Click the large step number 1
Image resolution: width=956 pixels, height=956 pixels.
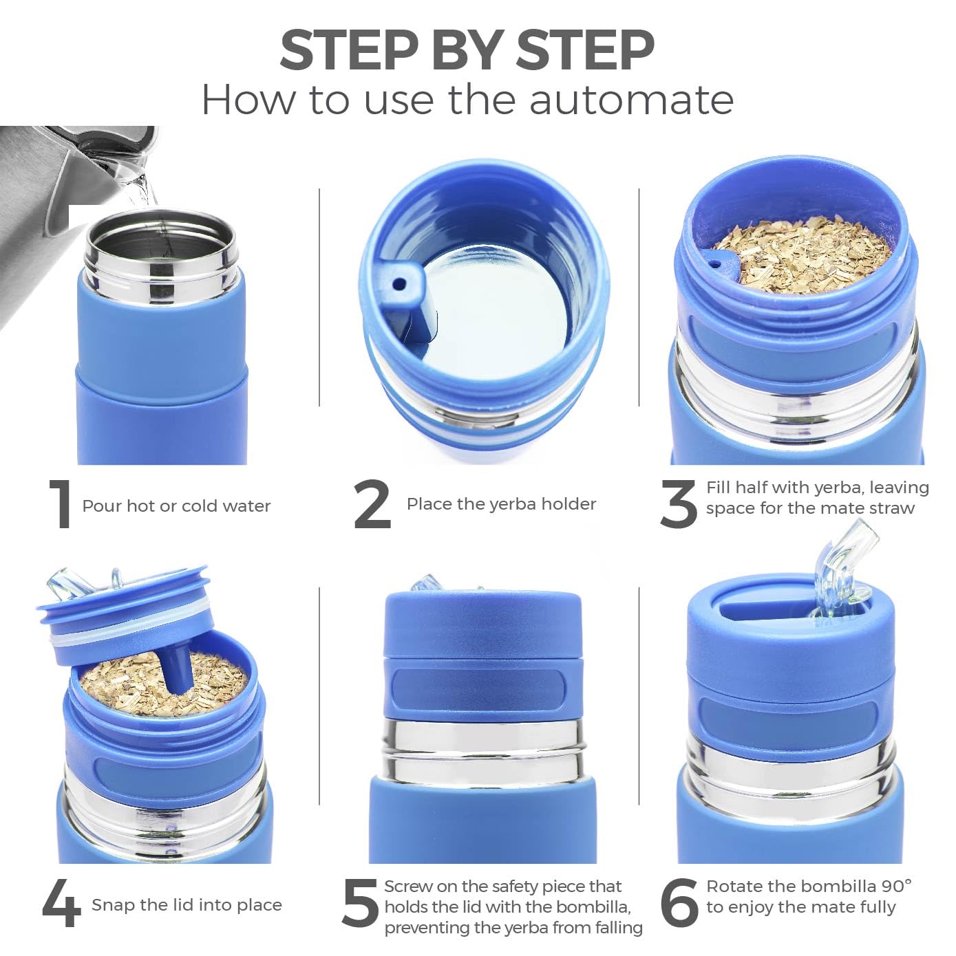coord(62,505)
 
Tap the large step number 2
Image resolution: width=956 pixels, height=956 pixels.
coord(372,505)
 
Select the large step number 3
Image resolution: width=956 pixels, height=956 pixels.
coord(679,505)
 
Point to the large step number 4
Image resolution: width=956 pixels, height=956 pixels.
coord(62,904)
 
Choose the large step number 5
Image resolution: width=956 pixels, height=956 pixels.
coord(360,904)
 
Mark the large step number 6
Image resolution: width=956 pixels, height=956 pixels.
coord(679,904)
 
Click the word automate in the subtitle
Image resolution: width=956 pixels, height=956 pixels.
coord(631,100)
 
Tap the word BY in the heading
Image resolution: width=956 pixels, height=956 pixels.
coord(465,50)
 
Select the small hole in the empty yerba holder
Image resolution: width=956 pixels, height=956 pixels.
coord(398,283)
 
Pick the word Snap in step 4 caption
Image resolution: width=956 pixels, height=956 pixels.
coord(113,905)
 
